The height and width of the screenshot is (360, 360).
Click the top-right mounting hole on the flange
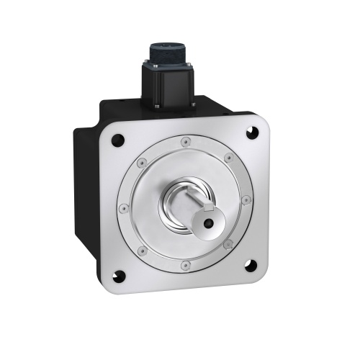coord(253,132)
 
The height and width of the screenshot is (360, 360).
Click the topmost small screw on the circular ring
coord(186,141)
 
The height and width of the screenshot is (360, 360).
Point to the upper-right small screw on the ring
coord(228,157)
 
